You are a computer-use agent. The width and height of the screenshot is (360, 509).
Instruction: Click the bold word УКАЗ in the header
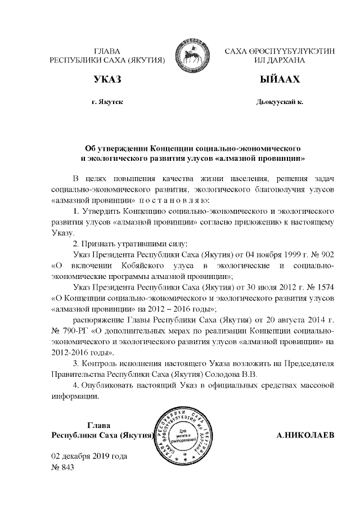pos(107,80)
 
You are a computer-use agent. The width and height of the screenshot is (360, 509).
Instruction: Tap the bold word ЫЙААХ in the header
pos(279,80)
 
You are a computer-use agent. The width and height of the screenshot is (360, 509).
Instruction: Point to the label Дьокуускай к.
pos(280,103)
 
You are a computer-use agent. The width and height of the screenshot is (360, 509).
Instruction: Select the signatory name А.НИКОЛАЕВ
pos(306,435)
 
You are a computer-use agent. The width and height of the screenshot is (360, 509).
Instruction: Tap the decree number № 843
pos(63,466)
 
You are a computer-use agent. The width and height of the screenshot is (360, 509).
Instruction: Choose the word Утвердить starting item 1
pos(103,211)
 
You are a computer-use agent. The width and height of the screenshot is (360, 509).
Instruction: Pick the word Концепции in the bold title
pos(174,148)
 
